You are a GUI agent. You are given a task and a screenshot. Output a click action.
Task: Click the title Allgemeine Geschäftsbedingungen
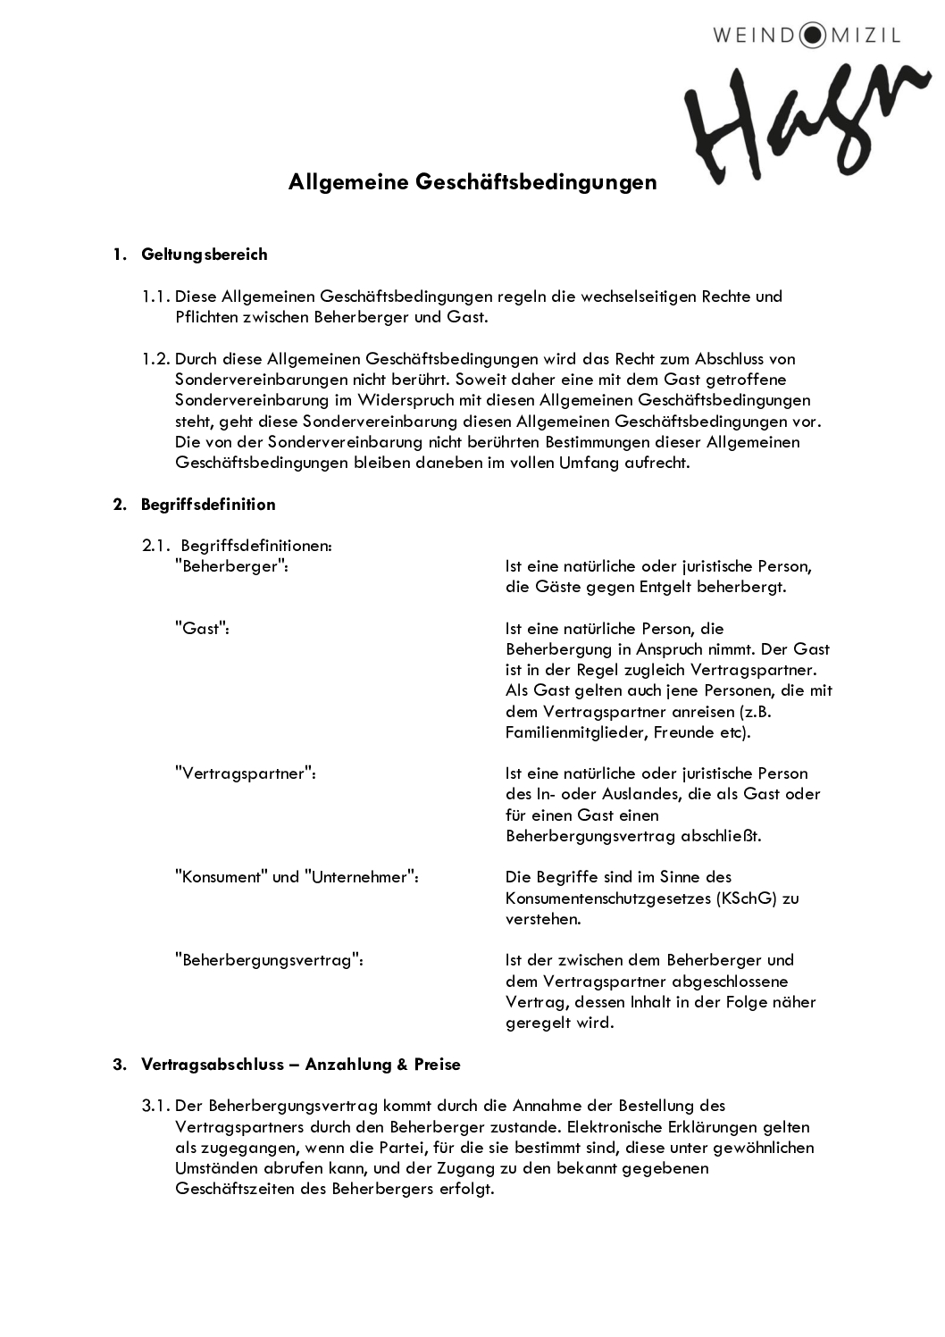tap(472, 182)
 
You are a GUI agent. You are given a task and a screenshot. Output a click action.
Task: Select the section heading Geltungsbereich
tap(204, 255)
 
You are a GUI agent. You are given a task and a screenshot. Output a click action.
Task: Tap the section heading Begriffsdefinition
tap(207, 505)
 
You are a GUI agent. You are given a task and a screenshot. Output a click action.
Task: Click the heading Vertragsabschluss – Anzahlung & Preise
tap(300, 1065)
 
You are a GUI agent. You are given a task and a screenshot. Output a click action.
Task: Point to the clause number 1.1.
tap(155, 297)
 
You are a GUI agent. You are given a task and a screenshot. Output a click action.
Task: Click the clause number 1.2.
tap(155, 359)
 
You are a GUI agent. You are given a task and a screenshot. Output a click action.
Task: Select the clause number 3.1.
tap(155, 1107)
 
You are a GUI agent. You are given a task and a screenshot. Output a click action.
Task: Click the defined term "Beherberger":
tap(231, 566)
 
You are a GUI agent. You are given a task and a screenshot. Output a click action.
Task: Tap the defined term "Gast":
tap(202, 629)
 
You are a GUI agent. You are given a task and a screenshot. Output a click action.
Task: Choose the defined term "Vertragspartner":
tap(246, 773)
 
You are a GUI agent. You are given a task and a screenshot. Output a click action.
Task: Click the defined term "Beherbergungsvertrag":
tap(269, 960)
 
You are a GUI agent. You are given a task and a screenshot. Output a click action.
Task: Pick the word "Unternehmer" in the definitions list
tap(362, 877)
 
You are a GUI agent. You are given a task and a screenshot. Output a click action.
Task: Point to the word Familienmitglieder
tap(575, 732)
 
